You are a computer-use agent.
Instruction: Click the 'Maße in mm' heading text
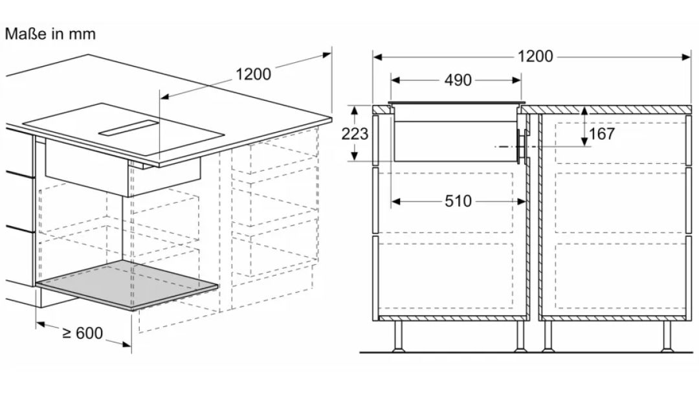tap(50, 34)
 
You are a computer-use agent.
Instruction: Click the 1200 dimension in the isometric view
tap(253, 74)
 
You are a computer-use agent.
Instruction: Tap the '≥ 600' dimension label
tap(82, 333)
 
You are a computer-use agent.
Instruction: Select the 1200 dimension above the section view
tap(535, 57)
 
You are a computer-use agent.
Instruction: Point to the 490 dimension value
tap(458, 80)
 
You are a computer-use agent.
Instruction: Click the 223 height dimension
tap(355, 133)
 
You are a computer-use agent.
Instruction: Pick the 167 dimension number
tap(602, 133)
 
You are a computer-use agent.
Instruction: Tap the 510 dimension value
tap(458, 201)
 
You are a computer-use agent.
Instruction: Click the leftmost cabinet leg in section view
tap(399, 336)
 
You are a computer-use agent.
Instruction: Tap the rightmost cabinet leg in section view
tap(667, 336)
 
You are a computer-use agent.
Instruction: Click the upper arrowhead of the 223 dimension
tap(355, 110)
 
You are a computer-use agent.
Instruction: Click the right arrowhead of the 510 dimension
tap(522, 201)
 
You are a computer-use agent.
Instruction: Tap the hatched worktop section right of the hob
tap(606, 109)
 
